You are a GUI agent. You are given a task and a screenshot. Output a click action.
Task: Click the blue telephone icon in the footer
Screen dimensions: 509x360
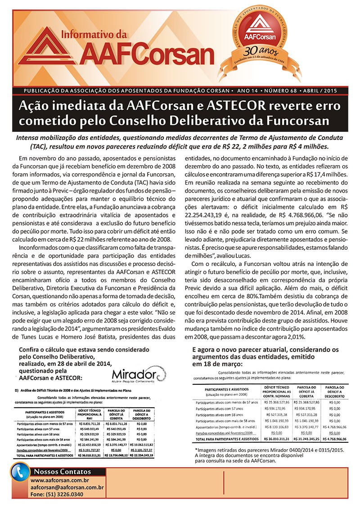tap(20, 478)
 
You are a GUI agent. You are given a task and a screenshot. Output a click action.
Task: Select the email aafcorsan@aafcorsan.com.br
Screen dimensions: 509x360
tap(67, 487)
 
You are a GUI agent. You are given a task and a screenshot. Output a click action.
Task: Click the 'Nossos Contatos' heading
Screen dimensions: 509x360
tap(63, 472)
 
